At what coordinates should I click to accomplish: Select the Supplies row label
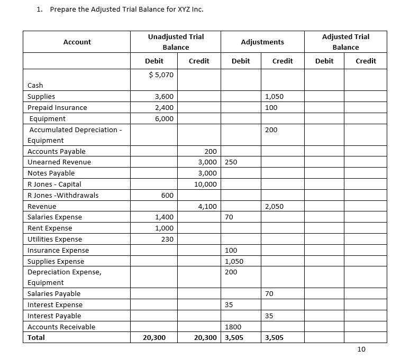coord(41,97)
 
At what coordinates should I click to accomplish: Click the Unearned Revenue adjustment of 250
coord(231,162)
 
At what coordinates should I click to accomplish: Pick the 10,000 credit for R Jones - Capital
coord(204,184)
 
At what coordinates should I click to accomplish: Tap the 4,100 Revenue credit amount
coord(206,206)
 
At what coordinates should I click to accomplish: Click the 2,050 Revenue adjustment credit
coord(275,206)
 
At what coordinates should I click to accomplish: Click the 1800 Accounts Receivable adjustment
coord(233,327)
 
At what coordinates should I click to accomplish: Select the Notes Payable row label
coord(51,173)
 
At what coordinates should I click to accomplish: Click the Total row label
coord(36,337)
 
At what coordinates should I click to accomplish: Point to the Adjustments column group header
coord(262,42)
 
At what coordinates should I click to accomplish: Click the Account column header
coord(77,42)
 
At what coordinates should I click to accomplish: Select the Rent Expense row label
coord(50,228)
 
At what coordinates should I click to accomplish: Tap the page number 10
coord(361,349)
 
